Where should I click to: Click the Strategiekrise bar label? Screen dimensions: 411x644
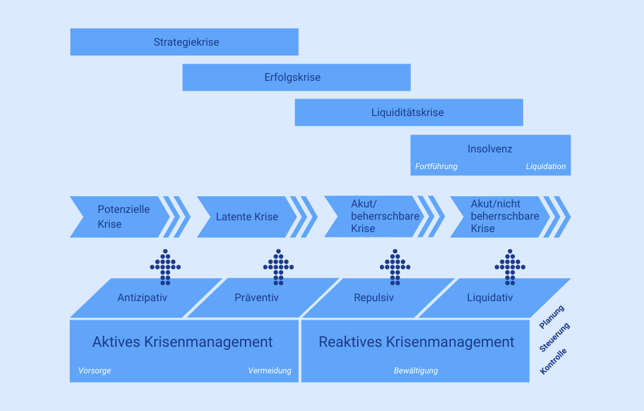pyautogui.click(x=186, y=43)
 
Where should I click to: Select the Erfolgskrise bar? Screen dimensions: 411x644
pyautogui.click(x=292, y=78)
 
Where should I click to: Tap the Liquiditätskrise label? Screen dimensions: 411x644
pyautogui.click(x=407, y=113)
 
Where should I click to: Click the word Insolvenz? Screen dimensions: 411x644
pyautogui.click(x=490, y=149)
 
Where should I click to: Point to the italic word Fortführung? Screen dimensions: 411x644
pyautogui.click(x=436, y=167)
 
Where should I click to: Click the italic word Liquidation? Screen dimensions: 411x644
pyautogui.click(x=545, y=167)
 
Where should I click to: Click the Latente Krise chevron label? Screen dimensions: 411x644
pyautogui.click(x=247, y=217)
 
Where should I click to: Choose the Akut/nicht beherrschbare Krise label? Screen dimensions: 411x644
pyautogui.click(x=505, y=217)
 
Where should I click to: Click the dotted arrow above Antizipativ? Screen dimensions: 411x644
pyautogui.click(x=165, y=267)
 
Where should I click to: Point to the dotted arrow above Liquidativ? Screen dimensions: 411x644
pyautogui.click(x=510, y=267)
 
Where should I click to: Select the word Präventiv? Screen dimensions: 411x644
pyautogui.click(x=257, y=298)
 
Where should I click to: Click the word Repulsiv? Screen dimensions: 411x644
pyautogui.click(x=374, y=298)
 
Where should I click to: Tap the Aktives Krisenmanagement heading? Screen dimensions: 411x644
pyautogui.click(x=183, y=342)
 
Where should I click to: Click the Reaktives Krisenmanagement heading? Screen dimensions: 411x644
pyautogui.click(x=416, y=342)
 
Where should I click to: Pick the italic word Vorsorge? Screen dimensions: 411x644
pyautogui.click(x=94, y=371)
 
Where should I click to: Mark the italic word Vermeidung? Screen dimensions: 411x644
pyautogui.click(x=270, y=371)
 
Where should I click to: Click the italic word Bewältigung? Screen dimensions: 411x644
pyautogui.click(x=416, y=371)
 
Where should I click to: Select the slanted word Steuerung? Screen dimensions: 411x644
pyautogui.click(x=554, y=338)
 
